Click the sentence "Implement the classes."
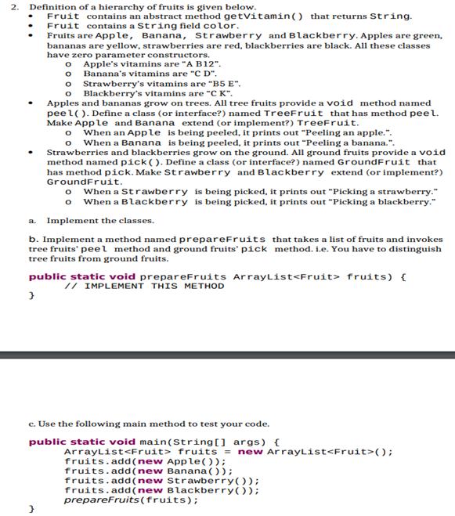[x=100, y=220]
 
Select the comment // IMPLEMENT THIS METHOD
[x=145, y=286]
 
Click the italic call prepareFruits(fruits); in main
[x=131, y=500]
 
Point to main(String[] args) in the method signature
[x=204, y=442]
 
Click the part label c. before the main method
[x=32, y=424]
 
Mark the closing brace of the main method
[x=32, y=509]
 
